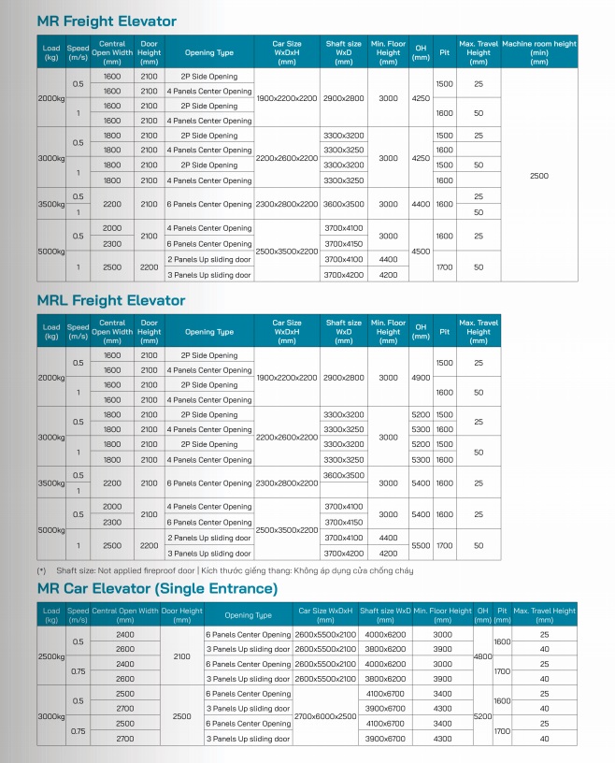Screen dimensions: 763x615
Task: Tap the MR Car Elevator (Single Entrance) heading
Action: click(157, 588)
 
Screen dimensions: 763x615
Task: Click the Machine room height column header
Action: click(538, 52)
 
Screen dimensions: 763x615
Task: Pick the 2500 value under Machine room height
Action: click(538, 176)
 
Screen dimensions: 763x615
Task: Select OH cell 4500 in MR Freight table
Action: click(421, 251)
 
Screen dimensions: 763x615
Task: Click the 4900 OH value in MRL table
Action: click(421, 378)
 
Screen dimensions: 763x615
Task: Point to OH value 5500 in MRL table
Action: click(421, 544)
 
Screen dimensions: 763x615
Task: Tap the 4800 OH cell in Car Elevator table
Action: click(482, 656)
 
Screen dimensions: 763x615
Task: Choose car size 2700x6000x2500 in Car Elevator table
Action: click(325, 715)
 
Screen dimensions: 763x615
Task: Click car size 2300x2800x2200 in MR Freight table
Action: click(286, 204)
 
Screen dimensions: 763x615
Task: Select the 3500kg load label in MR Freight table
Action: click(50, 204)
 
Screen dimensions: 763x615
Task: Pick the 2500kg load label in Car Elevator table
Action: click(50, 656)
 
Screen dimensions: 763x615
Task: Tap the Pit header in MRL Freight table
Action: click(444, 331)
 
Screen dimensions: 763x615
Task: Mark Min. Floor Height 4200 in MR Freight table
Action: click(388, 275)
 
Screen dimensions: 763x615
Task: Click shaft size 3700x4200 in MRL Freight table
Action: click(343, 553)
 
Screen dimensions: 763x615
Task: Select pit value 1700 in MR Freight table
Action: click(444, 267)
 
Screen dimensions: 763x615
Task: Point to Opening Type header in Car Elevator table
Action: click(248, 615)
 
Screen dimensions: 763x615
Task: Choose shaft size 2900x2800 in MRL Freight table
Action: click(343, 378)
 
